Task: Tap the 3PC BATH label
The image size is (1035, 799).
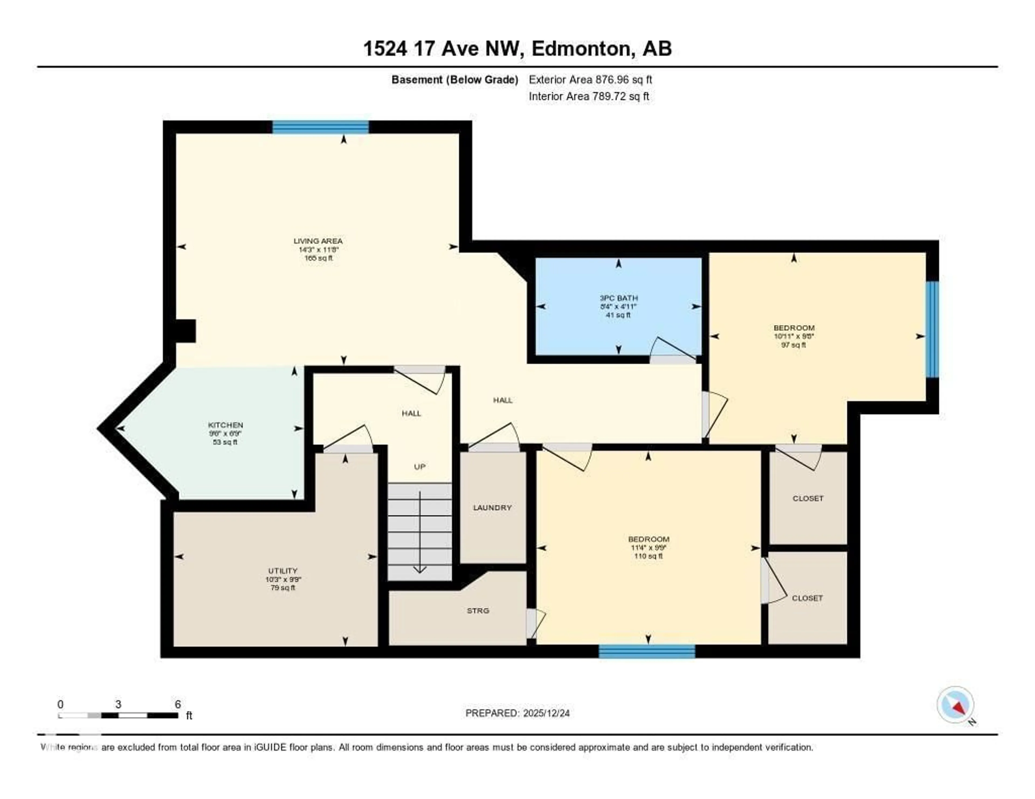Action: (619, 298)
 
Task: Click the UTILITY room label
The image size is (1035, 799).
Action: (283, 571)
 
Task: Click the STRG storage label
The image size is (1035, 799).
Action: (478, 610)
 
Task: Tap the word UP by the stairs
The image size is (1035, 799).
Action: (419, 467)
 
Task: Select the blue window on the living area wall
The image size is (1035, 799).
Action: (320, 127)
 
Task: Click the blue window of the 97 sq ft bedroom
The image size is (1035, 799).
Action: (932, 329)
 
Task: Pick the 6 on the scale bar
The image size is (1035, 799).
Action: (178, 704)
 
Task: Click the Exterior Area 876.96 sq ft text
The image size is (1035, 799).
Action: (590, 79)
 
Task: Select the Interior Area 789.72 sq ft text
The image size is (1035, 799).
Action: (589, 96)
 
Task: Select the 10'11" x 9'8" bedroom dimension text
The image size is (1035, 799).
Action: (794, 336)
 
